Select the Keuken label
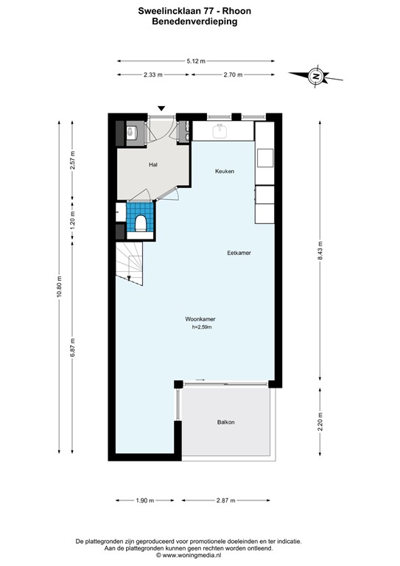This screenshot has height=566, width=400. [x=225, y=171]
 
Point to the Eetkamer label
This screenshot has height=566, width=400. [x=239, y=253]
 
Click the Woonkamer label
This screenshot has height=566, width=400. [x=200, y=319]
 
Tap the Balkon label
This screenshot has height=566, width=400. [x=226, y=422]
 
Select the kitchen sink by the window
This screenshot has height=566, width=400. [x=220, y=131]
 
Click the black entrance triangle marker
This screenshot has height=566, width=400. [x=161, y=109]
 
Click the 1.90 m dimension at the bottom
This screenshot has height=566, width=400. [x=145, y=500]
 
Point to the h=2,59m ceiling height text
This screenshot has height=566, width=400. [x=201, y=328]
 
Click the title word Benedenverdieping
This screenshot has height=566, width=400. [x=199, y=22]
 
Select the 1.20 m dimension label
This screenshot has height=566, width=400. [x=72, y=223]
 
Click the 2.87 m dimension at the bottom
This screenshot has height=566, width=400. [x=225, y=500]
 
